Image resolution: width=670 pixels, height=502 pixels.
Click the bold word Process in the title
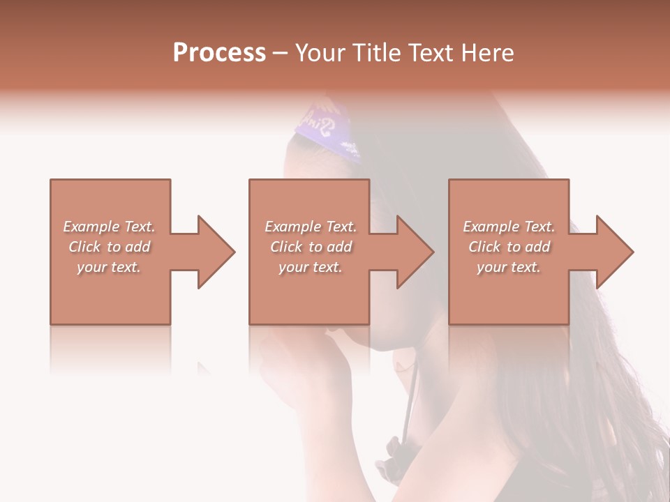tap(219, 53)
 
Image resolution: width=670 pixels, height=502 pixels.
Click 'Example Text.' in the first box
tap(109, 227)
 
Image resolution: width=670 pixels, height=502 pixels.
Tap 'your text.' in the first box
tap(109, 267)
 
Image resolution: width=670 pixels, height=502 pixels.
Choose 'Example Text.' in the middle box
tap(311, 227)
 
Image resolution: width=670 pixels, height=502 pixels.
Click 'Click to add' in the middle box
tap(311, 247)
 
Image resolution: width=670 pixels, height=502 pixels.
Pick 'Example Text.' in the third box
tap(509, 227)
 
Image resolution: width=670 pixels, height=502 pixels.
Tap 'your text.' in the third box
tap(509, 267)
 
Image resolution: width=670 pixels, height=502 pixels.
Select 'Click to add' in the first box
tap(109, 247)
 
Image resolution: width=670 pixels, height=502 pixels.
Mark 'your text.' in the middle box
tap(311, 267)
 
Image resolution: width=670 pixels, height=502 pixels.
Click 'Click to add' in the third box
tap(509, 247)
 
